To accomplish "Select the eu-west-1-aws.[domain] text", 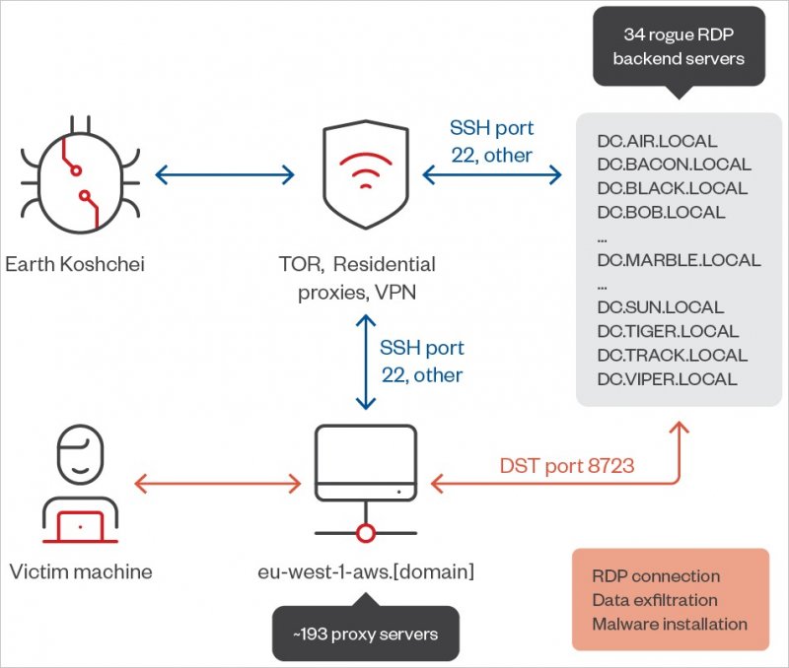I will [366, 571].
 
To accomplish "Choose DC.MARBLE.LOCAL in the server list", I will [679, 260].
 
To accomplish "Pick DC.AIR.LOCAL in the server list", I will [657, 141].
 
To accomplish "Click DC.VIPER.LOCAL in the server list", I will [667, 379].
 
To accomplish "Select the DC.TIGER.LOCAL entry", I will [668, 331].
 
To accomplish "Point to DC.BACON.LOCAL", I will [674, 165].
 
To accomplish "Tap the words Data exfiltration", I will [655, 600].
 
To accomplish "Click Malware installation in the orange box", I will [670, 624].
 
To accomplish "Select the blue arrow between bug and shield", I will [225, 176].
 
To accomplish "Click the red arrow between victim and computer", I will [217, 483].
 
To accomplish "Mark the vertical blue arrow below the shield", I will [366, 362].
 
